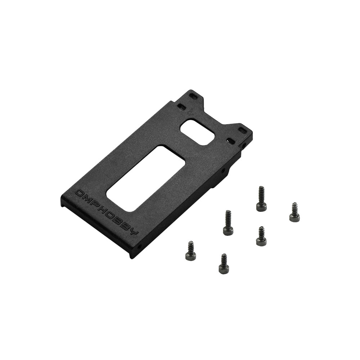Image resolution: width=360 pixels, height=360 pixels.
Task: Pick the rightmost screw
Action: click(x=294, y=212)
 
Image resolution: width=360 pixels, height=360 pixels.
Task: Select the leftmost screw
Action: click(x=190, y=251)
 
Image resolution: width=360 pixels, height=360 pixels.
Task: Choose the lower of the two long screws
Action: click(x=228, y=223)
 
